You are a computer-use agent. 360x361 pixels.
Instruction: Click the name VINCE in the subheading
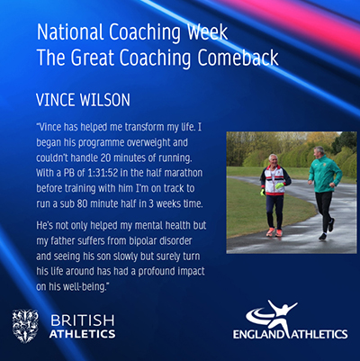pyautogui.click(x=54, y=100)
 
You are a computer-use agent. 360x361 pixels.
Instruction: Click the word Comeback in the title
pyautogui.click(x=238, y=58)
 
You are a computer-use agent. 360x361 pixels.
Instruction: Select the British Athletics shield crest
pyautogui.click(x=25, y=326)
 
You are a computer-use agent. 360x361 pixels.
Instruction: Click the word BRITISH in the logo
pyautogui.click(x=83, y=320)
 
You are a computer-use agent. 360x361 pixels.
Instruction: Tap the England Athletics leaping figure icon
pyautogui.click(x=272, y=316)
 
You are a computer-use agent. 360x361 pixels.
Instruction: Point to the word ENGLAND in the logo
pyautogui.click(x=258, y=334)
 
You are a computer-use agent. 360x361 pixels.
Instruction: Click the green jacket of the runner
pyautogui.click(x=324, y=175)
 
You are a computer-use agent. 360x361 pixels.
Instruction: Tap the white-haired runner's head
pyautogui.click(x=273, y=160)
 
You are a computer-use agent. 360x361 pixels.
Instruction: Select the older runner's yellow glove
pyautogui.click(x=280, y=185)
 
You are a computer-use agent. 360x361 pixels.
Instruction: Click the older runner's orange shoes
pyautogui.click(x=274, y=232)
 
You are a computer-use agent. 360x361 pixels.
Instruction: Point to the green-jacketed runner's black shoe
pyautogui.click(x=323, y=236)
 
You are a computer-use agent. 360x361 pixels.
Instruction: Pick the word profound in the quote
pyautogui.click(x=157, y=272)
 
